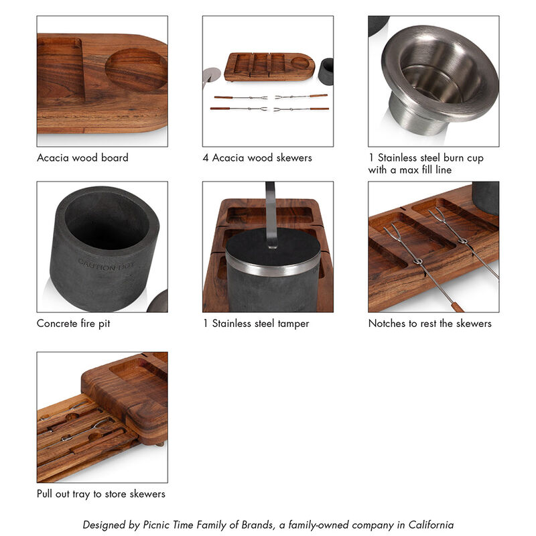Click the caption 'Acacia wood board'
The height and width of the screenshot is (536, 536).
(82, 158)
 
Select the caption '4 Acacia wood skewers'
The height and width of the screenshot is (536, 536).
(258, 158)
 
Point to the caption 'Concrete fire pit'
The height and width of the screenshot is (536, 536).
(74, 324)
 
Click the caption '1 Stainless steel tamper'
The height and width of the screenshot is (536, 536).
(256, 324)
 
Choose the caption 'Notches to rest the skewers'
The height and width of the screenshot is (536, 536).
(429, 324)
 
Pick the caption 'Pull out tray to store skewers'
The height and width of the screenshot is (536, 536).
(100, 494)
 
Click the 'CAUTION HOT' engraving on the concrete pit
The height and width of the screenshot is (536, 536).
(106, 263)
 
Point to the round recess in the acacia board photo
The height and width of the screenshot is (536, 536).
(137, 70)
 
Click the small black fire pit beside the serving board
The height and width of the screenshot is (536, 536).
(326, 71)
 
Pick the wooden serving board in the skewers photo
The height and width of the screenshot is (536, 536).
(269, 66)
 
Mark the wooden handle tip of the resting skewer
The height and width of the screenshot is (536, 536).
(457, 307)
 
